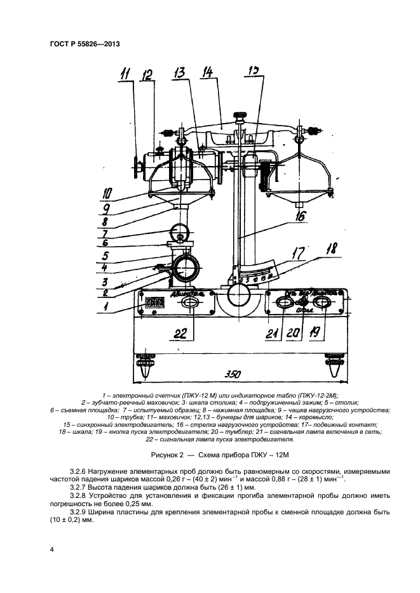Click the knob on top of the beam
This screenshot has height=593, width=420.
pos(241,116)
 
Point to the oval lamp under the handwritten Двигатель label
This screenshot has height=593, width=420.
pos(189,304)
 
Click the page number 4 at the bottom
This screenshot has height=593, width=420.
pos(51,549)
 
